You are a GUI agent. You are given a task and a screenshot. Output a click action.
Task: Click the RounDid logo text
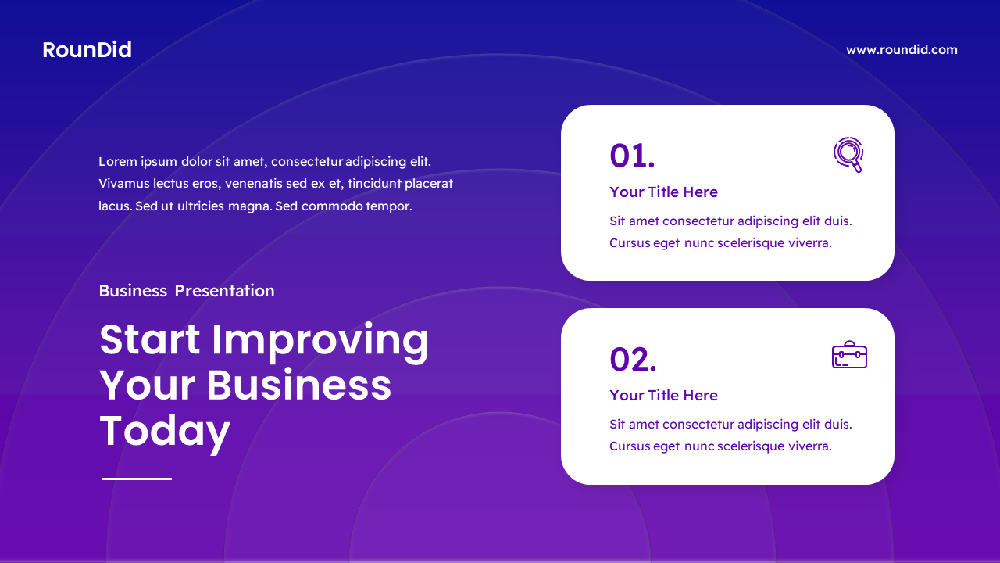click(x=87, y=50)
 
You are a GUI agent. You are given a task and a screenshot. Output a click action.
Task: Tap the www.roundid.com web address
click(x=902, y=50)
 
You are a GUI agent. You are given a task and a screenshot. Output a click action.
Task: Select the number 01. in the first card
click(x=632, y=156)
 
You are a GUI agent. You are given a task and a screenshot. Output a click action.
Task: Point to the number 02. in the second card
click(x=633, y=359)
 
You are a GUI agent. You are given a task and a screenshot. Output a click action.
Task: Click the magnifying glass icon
click(x=848, y=154)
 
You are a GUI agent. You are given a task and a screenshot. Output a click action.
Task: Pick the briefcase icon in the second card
click(x=849, y=355)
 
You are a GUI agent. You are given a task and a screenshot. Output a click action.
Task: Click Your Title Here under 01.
click(x=663, y=192)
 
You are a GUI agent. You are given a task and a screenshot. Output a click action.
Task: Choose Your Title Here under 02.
click(x=663, y=396)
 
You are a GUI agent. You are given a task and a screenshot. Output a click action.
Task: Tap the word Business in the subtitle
click(x=133, y=291)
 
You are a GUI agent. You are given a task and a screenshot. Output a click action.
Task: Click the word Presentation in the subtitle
click(x=224, y=291)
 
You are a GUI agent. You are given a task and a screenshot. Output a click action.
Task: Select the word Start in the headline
click(x=150, y=339)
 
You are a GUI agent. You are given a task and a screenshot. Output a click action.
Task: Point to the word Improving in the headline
click(x=320, y=341)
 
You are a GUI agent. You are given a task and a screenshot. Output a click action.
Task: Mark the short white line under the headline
click(x=137, y=479)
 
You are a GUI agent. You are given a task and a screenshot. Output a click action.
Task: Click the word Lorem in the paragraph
click(x=118, y=162)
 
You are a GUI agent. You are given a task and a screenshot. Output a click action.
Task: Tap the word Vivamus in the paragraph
click(x=123, y=184)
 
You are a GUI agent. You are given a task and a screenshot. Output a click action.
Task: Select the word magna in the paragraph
click(x=251, y=206)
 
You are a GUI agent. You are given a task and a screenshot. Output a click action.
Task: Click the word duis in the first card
click(x=837, y=221)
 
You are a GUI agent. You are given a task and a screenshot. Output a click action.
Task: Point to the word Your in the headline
click(x=146, y=385)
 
